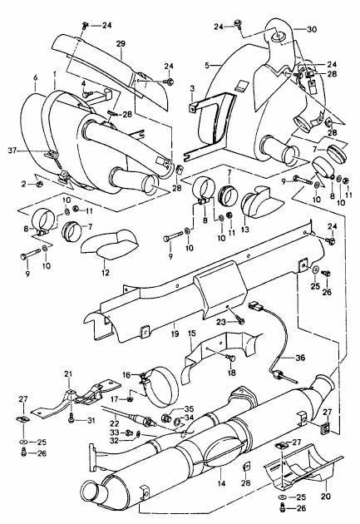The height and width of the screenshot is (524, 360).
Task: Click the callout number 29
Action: tap(121, 44)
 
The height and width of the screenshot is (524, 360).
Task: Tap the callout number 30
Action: tap(311, 29)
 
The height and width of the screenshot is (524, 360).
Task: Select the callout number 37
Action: tap(12, 151)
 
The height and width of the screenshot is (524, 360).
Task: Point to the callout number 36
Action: tap(300, 358)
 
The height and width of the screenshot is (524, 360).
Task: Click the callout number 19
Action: tap(175, 334)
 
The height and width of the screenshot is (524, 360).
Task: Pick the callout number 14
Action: tap(221, 483)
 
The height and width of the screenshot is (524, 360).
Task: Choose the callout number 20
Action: tap(326, 496)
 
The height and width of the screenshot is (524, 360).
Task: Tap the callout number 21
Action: tap(68, 373)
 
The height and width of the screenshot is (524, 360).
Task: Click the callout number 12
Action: tap(106, 273)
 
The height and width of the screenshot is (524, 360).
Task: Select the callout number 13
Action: tap(244, 230)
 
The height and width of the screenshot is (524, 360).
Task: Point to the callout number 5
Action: tap(207, 65)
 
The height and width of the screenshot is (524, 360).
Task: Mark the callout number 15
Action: tap(191, 334)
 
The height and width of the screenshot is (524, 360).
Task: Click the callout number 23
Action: tap(221, 322)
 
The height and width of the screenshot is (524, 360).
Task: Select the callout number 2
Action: tap(23, 183)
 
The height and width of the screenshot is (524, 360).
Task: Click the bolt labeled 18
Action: tap(231, 358)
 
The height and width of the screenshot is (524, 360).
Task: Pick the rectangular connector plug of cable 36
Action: tap(254, 305)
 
